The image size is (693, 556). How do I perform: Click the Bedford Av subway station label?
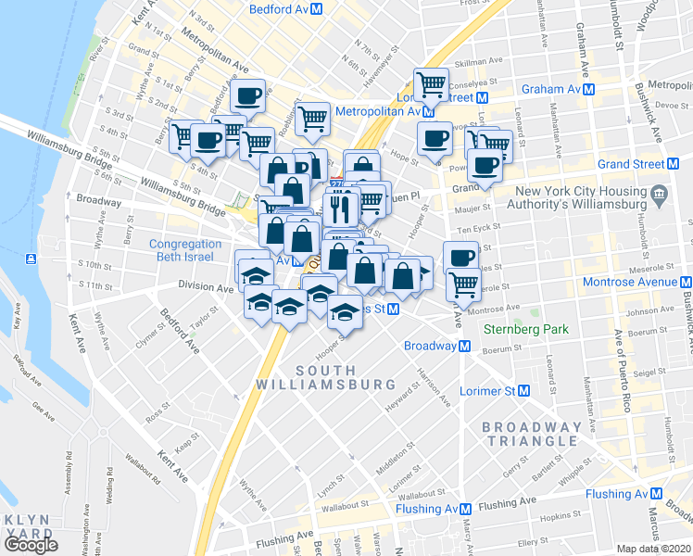click(279, 9)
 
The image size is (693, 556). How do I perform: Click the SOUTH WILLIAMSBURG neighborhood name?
click(339, 377)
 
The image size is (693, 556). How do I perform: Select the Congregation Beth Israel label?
click(185, 250)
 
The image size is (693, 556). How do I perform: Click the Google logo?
click(31, 544)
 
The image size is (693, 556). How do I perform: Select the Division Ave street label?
click(206, 287)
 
